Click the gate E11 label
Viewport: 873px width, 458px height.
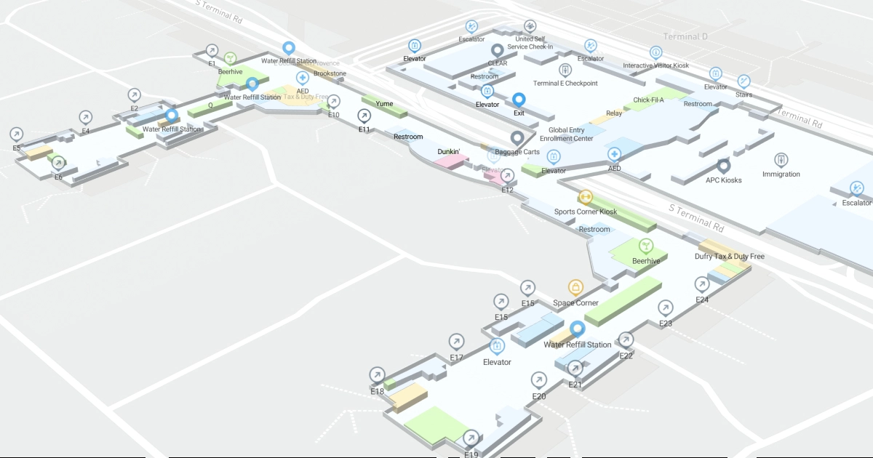[x=364, y=129]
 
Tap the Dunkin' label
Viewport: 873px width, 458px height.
[x=448, y=151]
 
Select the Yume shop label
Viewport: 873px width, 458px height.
[x=384, y=104]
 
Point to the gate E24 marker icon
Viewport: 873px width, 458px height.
[x=702, y=284]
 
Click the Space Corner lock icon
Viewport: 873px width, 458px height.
[x=576, y=287]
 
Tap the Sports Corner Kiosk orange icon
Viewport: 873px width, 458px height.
[x=585, y=197]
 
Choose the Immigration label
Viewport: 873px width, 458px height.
[x=781, y=174]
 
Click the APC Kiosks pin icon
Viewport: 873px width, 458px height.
[x=723, y=166]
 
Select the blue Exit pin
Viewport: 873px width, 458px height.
[x=519, y=100]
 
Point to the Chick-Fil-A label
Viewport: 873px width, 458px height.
[x=648, y=100]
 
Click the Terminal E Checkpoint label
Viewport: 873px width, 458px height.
[x=565, y=84]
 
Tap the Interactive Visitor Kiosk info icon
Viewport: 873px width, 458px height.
[x=656, y=52]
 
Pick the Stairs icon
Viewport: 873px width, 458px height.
[x=744, y=81]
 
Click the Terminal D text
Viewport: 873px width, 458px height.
[x=685, y=36]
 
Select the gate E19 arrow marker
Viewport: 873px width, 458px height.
[x=471, y=438]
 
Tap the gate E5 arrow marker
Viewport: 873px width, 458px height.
[x=17, y=134]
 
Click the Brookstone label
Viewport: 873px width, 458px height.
[x=330, y=73]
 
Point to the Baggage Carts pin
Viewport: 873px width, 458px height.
[x=517, y=137]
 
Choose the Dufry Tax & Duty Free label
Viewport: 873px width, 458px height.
[x=729, y=257]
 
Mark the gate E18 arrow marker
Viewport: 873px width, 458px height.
[x=377, y=374]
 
